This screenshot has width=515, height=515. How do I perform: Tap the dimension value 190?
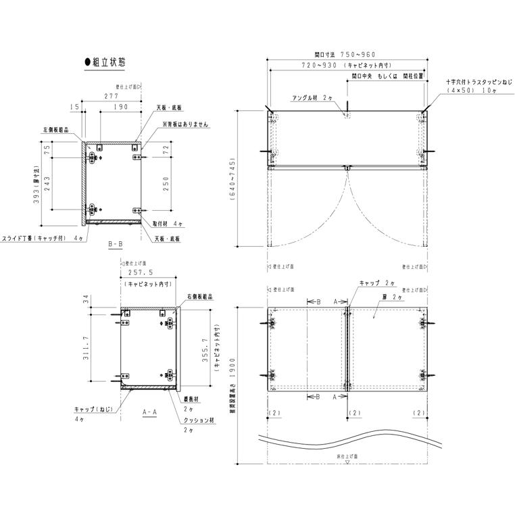click(x=121, y=107)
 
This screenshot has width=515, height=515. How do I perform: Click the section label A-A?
click(x=150, y=411)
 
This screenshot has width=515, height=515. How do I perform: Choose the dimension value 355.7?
click(x=205, y=348)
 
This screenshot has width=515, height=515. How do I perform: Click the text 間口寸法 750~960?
click(x=345, y=54)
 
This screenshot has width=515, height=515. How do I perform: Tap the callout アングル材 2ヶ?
click(x=312, y=97)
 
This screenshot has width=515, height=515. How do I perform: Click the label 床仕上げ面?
click(x=346, y=457)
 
